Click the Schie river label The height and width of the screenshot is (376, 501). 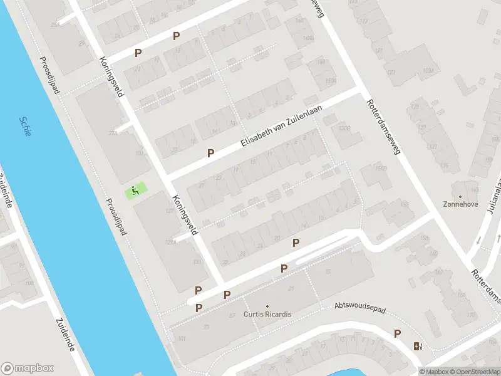[25, 127]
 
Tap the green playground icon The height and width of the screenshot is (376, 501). [135, 190]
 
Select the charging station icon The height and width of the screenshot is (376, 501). [418, 346]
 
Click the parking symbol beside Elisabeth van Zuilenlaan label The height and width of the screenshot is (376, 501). [211, 153]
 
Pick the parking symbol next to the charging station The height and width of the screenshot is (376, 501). [397, 333]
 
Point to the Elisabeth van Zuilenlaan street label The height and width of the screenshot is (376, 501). [281, 127]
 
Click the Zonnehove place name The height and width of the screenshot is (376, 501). [460, 204]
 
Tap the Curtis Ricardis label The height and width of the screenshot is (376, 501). [267, 314]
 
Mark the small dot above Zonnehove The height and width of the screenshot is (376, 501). [460, 196]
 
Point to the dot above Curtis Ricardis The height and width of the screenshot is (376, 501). [267, 306]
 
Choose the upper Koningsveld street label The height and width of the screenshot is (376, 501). [112, 77]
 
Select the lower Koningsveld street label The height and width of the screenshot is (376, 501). [185, 214]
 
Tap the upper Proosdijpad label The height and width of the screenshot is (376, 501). [49, 75]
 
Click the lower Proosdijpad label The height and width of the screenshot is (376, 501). [116, 216]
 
